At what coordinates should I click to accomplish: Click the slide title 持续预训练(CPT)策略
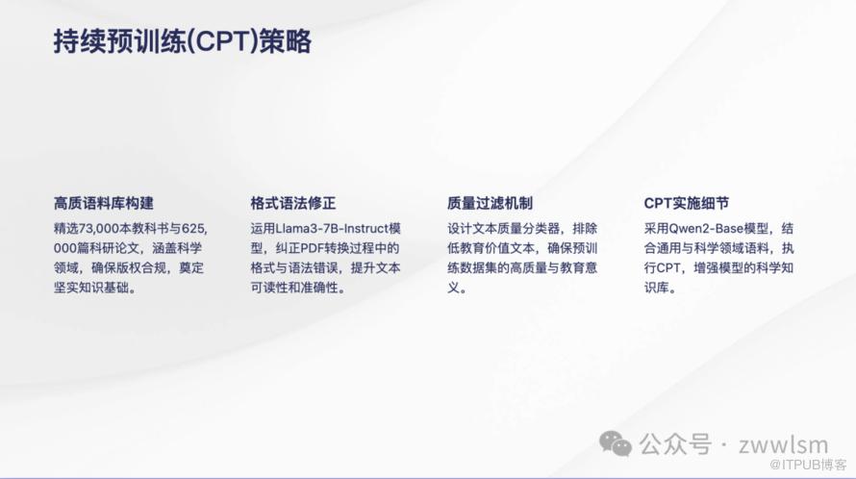coord(183,41)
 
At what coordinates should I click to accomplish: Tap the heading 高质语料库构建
coord(104,203)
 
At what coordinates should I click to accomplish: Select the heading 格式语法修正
coord(293,203)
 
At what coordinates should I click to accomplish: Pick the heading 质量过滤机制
coord(490,203)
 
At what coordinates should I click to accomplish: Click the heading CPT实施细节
coord(686,203)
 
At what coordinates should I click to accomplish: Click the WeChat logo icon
coord(616,443)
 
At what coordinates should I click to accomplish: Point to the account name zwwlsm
coord(784,444)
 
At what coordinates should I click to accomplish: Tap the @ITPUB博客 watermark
coord(808,465)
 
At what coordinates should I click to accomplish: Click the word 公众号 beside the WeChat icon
coord(675,444)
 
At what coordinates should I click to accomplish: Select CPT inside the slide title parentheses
coord(222,41)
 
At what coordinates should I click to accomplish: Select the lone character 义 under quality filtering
coord(454,288)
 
